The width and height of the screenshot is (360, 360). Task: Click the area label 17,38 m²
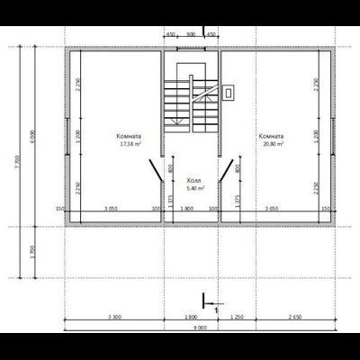[128, 143]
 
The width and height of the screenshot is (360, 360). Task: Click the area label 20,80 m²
[273, 143]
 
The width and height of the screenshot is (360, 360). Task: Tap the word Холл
[193, 180]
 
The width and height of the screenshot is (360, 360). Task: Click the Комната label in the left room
[128, 135]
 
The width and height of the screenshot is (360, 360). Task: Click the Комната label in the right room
[272, 135]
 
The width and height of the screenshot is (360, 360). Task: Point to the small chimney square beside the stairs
[230, 91]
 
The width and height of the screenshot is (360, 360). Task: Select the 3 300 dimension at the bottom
[114, 318]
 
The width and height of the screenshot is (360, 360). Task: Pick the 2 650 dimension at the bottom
[294, 318]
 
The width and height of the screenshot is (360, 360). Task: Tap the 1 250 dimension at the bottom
[238, 318]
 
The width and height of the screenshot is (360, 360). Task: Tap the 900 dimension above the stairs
[191, 33]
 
